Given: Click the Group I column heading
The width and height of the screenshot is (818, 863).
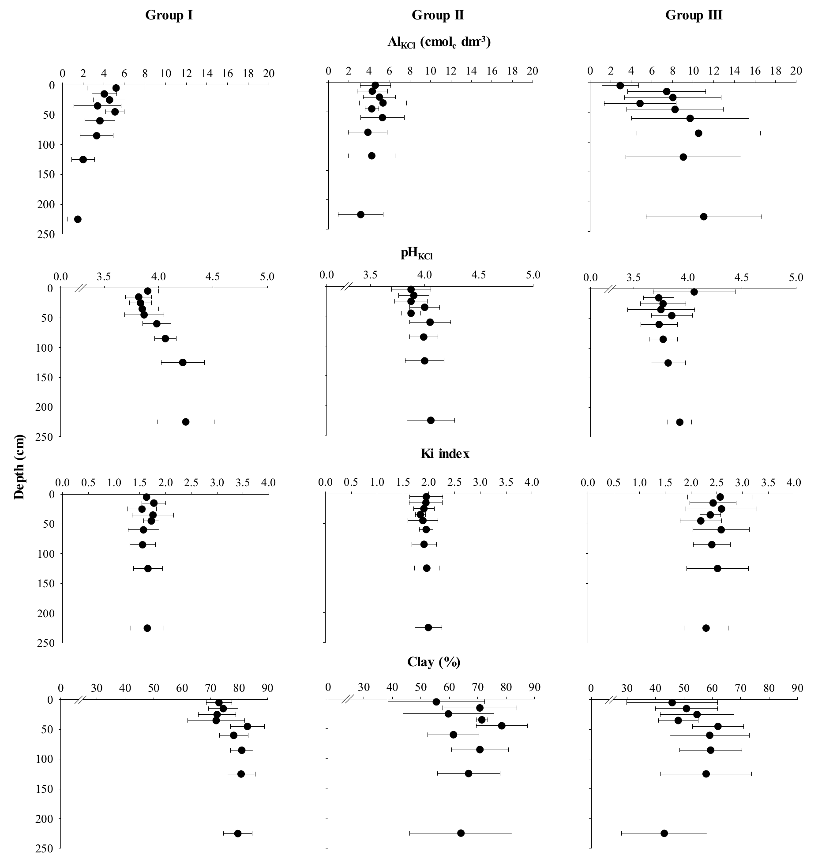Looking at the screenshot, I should point(169,16).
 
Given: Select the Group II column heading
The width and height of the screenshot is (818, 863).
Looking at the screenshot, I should point(437,16).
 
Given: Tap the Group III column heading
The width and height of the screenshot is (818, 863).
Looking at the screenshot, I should point(694,16).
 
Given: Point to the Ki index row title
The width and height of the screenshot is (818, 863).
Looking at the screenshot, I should point(445,454).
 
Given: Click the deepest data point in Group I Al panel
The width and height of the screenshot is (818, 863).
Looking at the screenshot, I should point(78,219).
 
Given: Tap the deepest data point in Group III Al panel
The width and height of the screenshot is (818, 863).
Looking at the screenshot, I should point(704,217).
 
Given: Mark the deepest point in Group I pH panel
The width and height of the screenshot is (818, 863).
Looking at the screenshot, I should point(186,422).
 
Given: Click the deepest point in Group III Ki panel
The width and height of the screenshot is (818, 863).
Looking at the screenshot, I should point(706,628).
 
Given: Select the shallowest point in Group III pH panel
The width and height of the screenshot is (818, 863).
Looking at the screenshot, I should point(694,292).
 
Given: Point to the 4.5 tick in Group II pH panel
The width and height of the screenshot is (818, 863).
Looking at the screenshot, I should point(479,275).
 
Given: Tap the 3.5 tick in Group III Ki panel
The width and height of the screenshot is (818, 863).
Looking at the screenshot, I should point(768,483).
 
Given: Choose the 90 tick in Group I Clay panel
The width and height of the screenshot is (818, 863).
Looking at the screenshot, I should point(267,688).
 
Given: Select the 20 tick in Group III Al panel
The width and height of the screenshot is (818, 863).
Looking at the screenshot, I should point(796,71).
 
